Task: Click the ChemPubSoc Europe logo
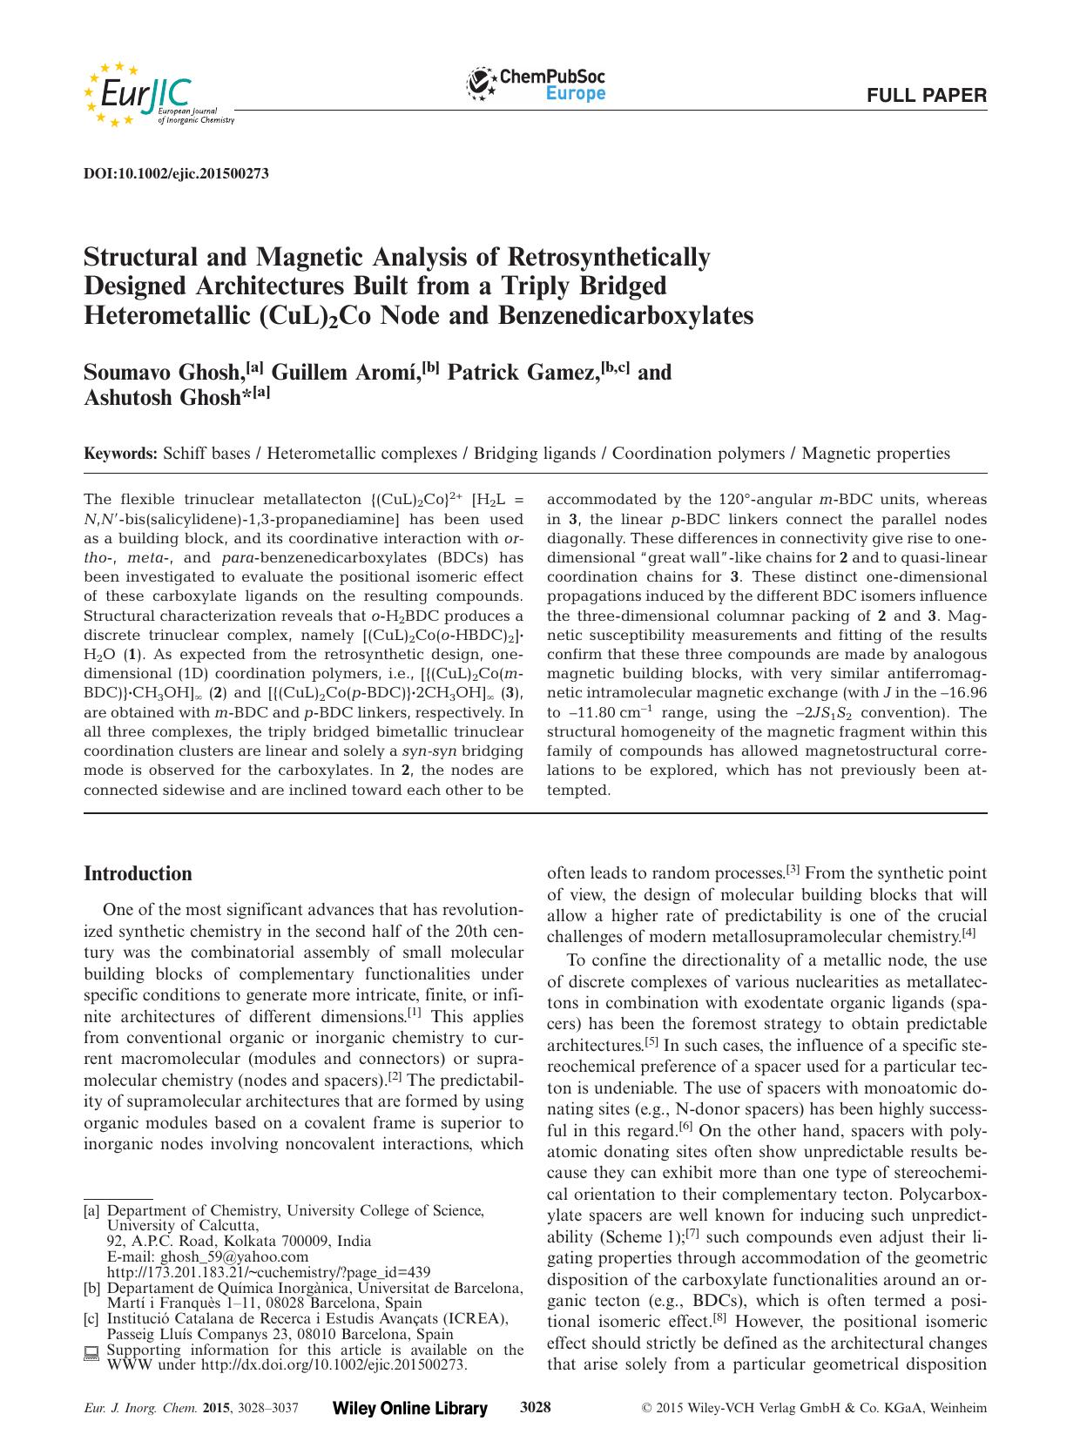[537, 84]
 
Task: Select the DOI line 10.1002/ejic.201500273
[175, 173]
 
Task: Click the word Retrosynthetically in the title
[609, 258]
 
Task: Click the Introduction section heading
[138, 874]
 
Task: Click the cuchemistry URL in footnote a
[268, 1272]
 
